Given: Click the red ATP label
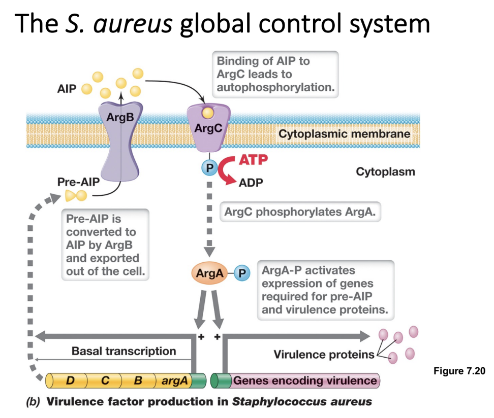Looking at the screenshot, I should pyautogui.click(x=253, y=160).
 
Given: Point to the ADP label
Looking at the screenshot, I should pyautogui.click(x=251, y=182).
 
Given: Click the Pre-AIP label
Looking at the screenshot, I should pyautogui.click(x=78, y=181).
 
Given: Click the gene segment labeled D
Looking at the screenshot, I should pyautogui.click(x=70, y=380).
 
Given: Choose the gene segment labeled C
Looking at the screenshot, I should pyautogui.click(x=104, y=380).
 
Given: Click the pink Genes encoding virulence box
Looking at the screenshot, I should pyautogui.click(x=304, y=380).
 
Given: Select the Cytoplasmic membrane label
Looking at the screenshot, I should pyautogui.click(x=344, y=134).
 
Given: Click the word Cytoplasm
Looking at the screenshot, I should pyautogui.click(x=385, y=171).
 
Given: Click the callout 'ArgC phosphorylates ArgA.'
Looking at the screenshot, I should pyautogui.click(x=300, y=212).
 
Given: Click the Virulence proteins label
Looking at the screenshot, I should pyautogui.click(x=324, y=354).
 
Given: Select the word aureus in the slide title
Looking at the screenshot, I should pyautogui.click(x=120, y=24).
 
